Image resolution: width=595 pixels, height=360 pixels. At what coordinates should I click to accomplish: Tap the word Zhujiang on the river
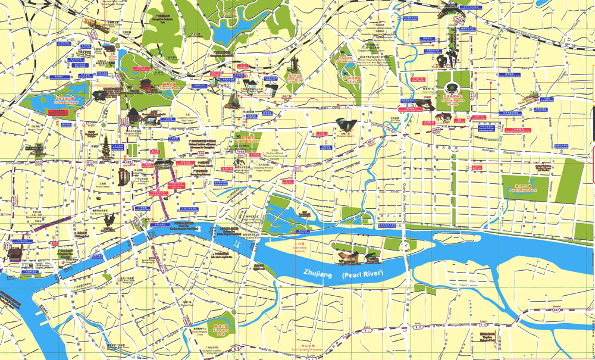tap(320, 274)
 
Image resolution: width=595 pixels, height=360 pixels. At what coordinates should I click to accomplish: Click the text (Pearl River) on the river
tap(363, 274)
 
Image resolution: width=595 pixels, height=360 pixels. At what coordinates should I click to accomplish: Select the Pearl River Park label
tap(521, 189)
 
